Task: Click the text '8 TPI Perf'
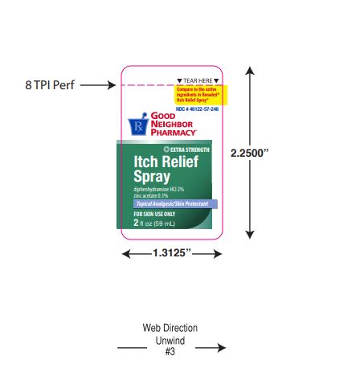click(48, 84)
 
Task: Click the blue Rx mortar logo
click(137, 125)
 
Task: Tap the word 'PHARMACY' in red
click(171, 132)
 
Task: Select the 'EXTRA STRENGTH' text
click(188, 150)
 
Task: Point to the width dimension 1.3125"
click(170, 254)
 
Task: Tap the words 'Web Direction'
click(170, 329)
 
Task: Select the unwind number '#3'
click(170, 352)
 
